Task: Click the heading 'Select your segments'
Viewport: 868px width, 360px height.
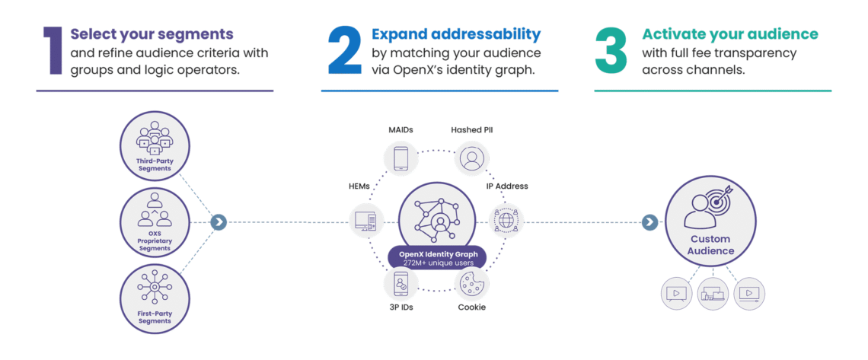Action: [152, 34]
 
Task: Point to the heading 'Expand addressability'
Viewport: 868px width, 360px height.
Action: [456, 34]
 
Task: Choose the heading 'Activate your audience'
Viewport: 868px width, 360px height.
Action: [729, 34]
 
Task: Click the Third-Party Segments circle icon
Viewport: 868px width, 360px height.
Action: [155, 145]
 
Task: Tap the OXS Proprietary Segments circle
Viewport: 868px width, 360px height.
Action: [155, 221]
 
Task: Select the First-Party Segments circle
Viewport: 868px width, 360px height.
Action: [155, 297]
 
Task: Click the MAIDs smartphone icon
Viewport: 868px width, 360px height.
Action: [400, 158]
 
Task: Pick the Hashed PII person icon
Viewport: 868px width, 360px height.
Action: [471, 158]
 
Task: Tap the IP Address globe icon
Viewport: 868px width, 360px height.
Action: [506, 221]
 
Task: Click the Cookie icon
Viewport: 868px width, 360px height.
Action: [471, 284]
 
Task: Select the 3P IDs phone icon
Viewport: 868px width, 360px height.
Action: [400, 284]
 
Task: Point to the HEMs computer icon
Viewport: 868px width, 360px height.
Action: [366, 221]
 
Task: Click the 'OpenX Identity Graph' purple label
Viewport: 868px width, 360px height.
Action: [436, 253]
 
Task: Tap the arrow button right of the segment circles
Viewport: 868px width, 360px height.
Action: [219, 222]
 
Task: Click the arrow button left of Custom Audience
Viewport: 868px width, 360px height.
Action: [649, 222]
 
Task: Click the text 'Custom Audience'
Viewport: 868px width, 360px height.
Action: [712, 245]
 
